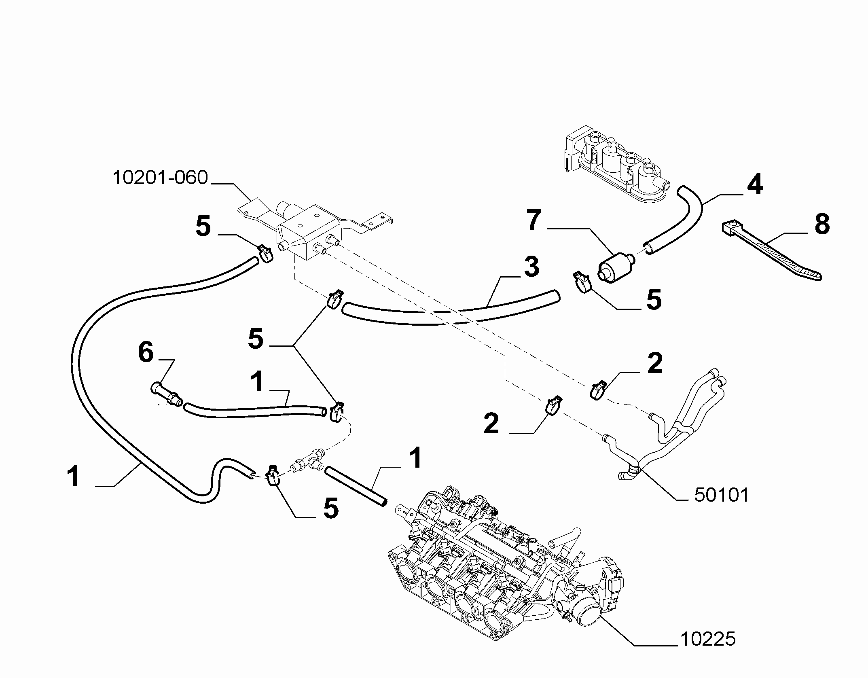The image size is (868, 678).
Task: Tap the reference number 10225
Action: pos(708,639)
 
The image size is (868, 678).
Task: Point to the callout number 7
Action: pos(534,220)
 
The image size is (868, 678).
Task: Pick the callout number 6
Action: pos(146,352)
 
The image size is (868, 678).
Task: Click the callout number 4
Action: pos(755,184)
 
